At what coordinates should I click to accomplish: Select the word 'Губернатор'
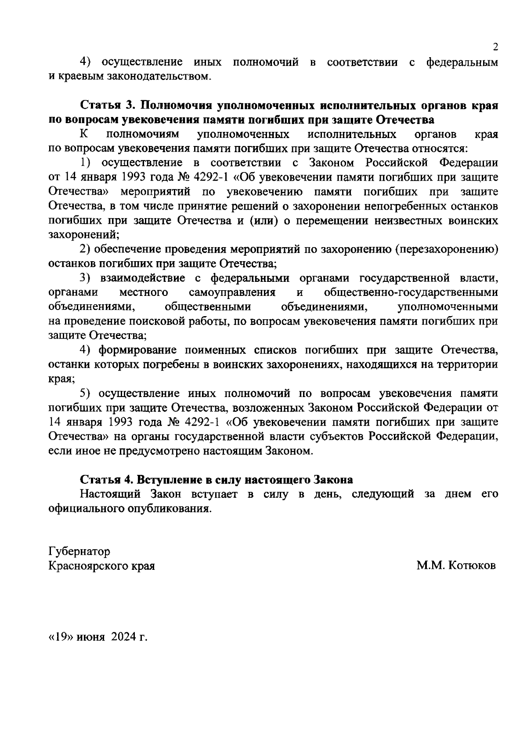79,551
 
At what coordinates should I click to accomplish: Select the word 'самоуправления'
232,292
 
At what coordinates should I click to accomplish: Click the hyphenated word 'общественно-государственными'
411,292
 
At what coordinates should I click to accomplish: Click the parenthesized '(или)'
263,221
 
